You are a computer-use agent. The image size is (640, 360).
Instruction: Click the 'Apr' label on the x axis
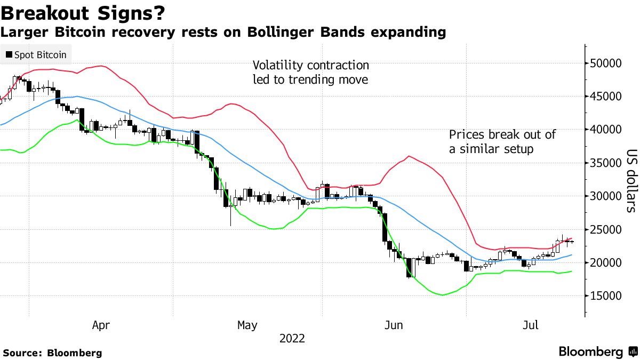click(x=101, y=325)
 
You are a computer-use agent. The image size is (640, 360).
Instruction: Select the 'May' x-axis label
click(x=247, y=325)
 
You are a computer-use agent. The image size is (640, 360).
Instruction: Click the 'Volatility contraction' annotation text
click(x=310, y=66)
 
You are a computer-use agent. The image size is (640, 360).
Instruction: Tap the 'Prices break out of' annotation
click(x=502, y=135)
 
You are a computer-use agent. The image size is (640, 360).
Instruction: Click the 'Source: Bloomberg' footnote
click(x=52, y=353)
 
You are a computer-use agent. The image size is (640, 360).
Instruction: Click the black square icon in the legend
click(x=9, y=54)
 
